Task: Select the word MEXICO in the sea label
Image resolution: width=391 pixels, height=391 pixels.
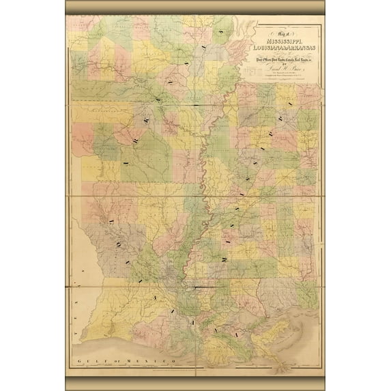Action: click(x=153, y=360)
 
